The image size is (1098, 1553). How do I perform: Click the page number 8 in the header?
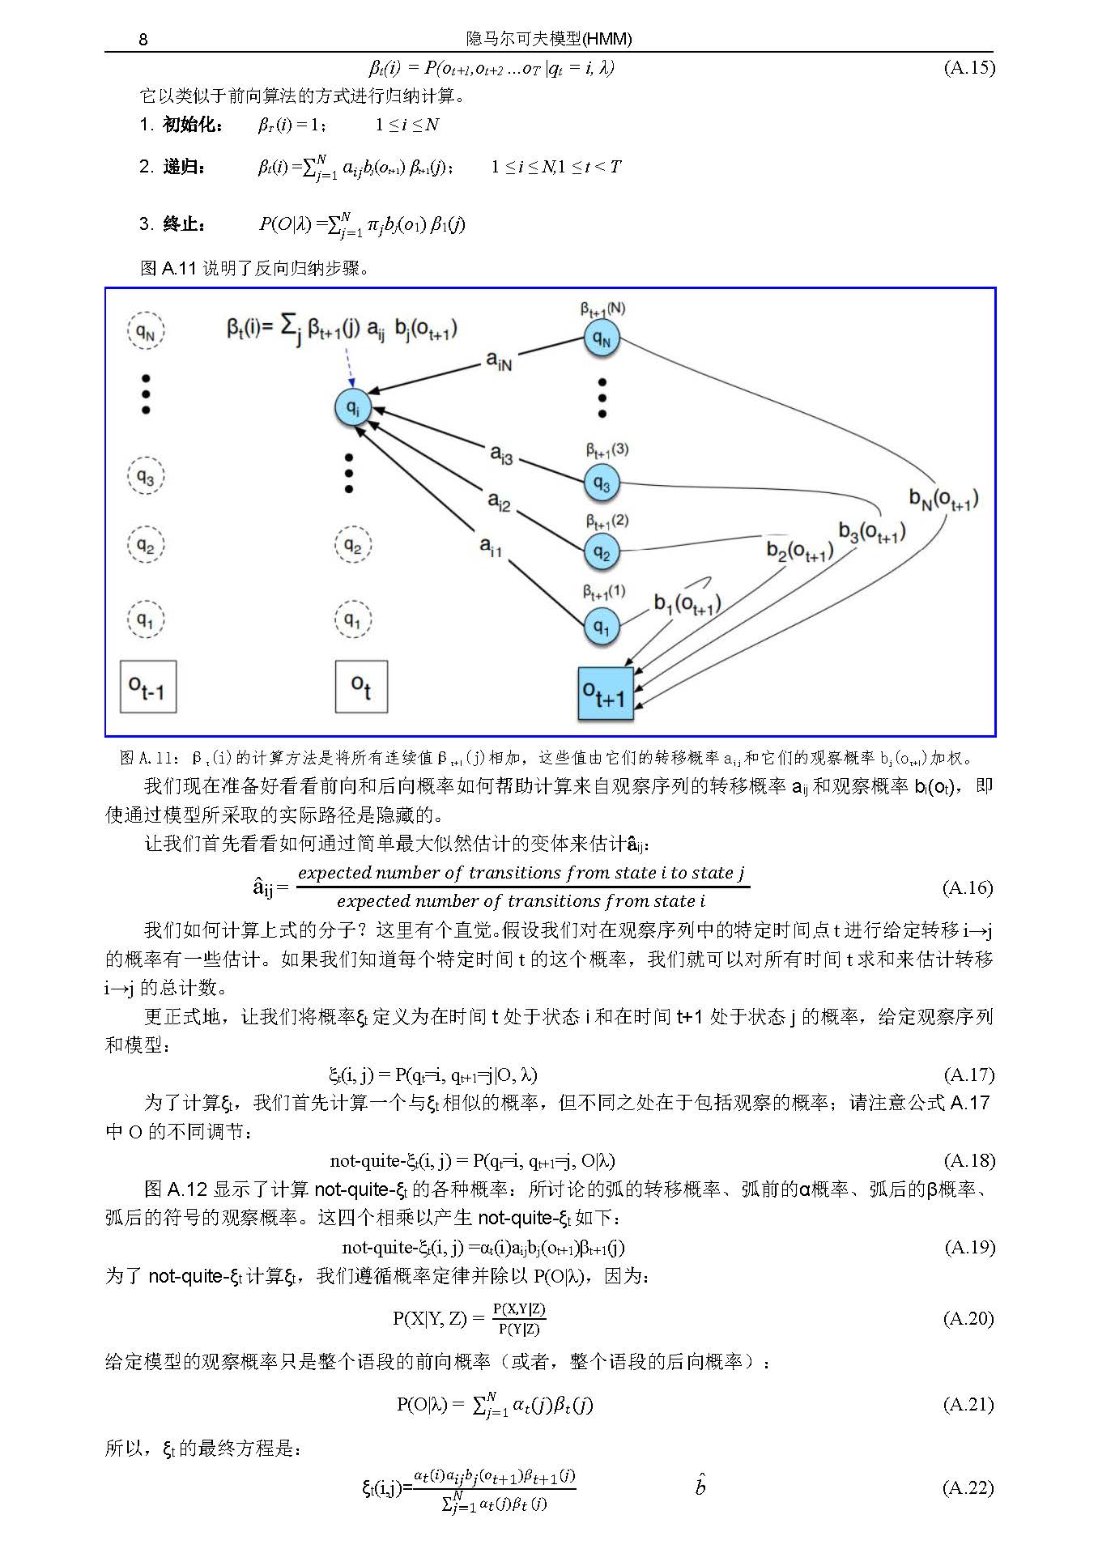coord(143,39)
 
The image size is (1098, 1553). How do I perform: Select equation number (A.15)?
coord(968,67)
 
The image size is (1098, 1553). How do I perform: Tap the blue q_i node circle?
coord(353,407)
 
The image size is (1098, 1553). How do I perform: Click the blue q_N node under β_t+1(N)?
coord(602,338)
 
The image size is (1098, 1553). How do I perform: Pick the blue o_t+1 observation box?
coord(605,694)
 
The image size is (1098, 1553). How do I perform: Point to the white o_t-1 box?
coord(147,687)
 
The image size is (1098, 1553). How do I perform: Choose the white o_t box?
coord(361,687)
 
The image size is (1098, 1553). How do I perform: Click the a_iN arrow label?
coord(499,360)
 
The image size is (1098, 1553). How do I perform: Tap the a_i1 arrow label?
coord(491,547)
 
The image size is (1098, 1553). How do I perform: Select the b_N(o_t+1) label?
coord(943,500)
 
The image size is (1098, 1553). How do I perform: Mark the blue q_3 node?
coord(602,483)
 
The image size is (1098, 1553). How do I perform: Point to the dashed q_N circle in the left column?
coord(146,331)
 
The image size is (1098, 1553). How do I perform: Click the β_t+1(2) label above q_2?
coord(606,521)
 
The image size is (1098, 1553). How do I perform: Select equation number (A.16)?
coord(968,887)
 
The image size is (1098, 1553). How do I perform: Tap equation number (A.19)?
coord(969,1247)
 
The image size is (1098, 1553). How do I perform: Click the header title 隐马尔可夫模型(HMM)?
coord(549,39)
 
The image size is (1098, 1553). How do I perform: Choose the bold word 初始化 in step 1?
coord(192,124)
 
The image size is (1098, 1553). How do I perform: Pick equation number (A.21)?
coord(968,1404)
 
